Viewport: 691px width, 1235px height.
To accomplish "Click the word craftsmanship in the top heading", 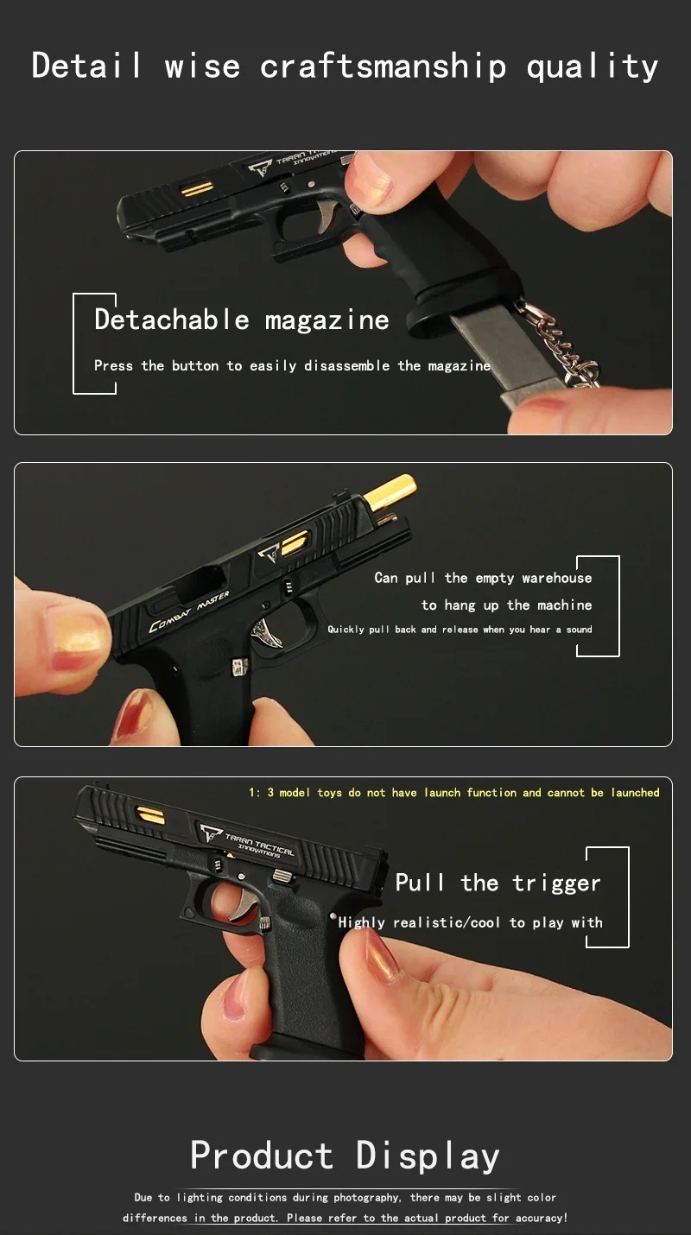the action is pos(383,66).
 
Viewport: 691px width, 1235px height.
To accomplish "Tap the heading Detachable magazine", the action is pos(242,320).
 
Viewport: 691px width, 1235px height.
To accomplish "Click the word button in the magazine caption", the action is pos(195,365).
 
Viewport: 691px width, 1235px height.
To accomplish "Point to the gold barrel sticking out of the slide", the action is pos(390,492).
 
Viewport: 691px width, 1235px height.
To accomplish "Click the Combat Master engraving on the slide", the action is pos(188,611).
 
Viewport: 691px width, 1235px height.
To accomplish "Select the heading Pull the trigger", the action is pos(498,883).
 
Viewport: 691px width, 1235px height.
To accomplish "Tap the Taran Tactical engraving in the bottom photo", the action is pos(248,842).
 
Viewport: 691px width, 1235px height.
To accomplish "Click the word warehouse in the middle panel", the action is pos(557,578).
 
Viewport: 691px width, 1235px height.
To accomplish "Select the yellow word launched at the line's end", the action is pos(636,792).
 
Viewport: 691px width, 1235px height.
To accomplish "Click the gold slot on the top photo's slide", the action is pos(198,189).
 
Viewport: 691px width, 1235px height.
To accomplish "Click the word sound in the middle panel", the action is pos(579,629).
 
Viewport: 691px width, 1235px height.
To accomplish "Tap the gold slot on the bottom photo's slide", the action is pos(150,815).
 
